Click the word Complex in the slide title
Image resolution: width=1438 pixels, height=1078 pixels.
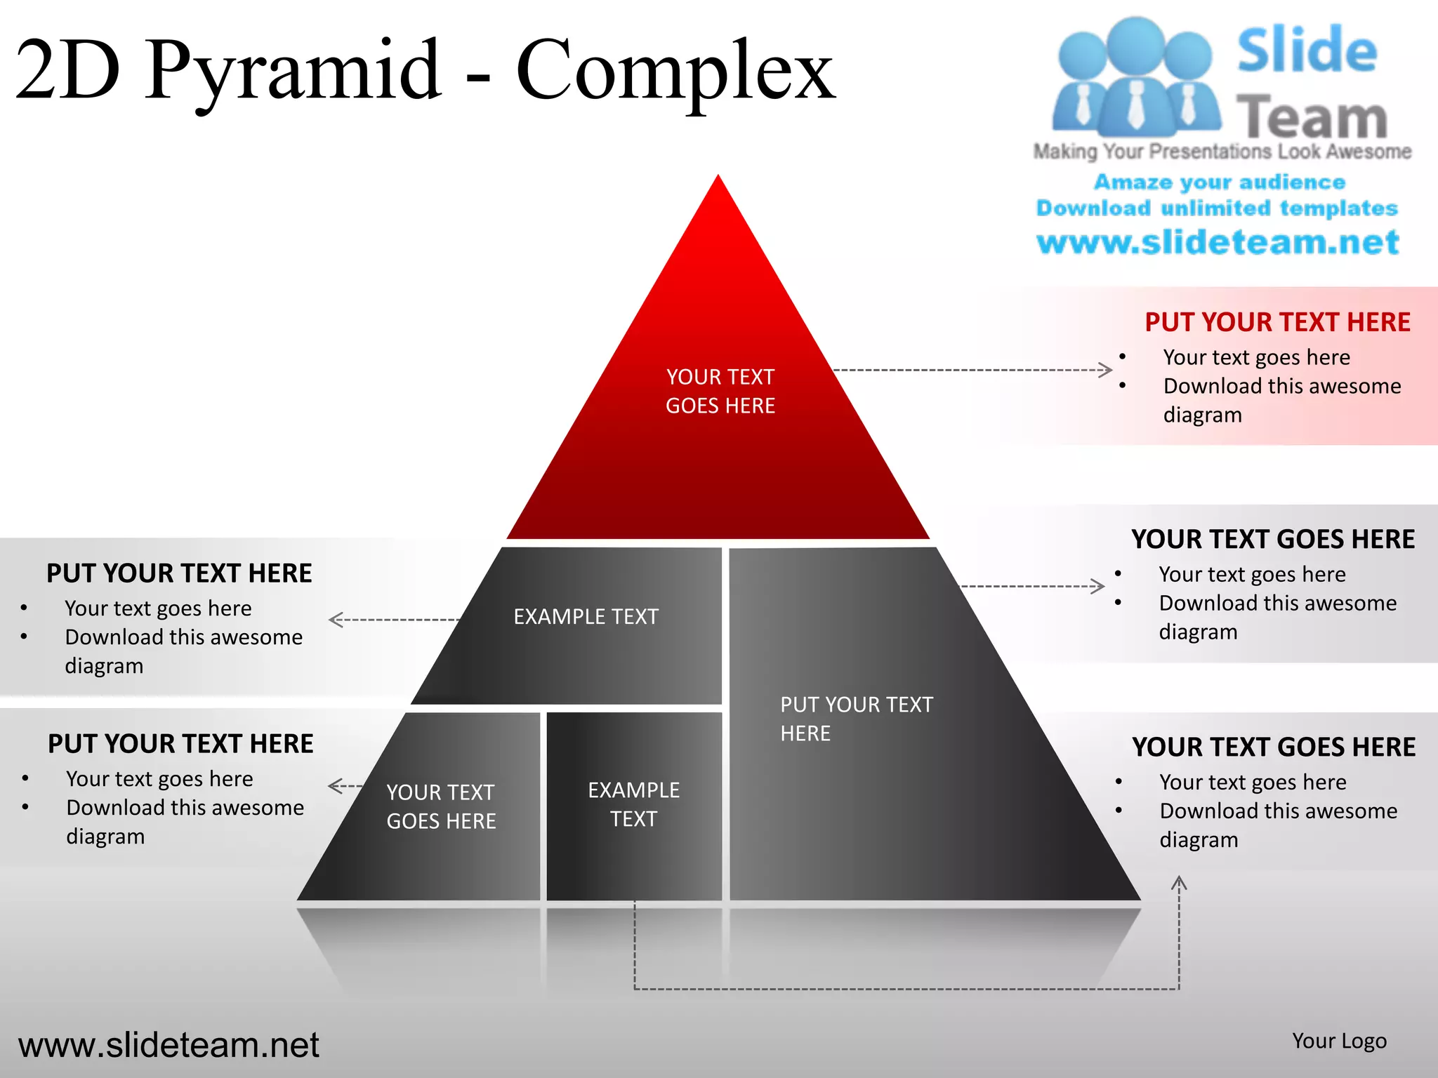tap(675, 70)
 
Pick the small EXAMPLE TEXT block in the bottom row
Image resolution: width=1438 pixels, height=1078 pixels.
tap(633, 805)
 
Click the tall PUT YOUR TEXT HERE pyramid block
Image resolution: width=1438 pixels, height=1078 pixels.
tap(857, 719)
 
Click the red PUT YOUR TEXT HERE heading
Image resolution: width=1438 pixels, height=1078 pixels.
tap(1277, 322)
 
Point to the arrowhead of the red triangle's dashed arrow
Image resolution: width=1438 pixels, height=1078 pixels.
tap(1107, 370)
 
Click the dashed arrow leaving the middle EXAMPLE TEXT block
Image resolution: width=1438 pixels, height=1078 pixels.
tap(393, 620)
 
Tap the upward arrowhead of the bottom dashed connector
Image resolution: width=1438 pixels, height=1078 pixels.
tap(1179, 883)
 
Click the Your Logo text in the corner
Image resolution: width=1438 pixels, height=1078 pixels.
tap(1339, 1041)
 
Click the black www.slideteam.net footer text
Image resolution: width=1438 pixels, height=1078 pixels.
tap(169, 1045)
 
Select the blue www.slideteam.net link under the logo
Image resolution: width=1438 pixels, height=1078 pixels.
tap(1218, 242)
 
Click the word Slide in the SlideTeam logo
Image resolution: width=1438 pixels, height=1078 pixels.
tap(1306, 51)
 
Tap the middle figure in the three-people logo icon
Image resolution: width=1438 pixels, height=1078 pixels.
tap(1136, 77)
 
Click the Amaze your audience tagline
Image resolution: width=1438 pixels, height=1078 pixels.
tap(1220, 182)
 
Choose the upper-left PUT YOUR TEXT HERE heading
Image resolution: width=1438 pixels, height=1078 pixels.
tap(179, 573)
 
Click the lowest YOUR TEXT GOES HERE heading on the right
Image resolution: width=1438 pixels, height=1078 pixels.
tap(1274, 747)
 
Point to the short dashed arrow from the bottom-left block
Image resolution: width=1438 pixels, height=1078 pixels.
tap(345, 786)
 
